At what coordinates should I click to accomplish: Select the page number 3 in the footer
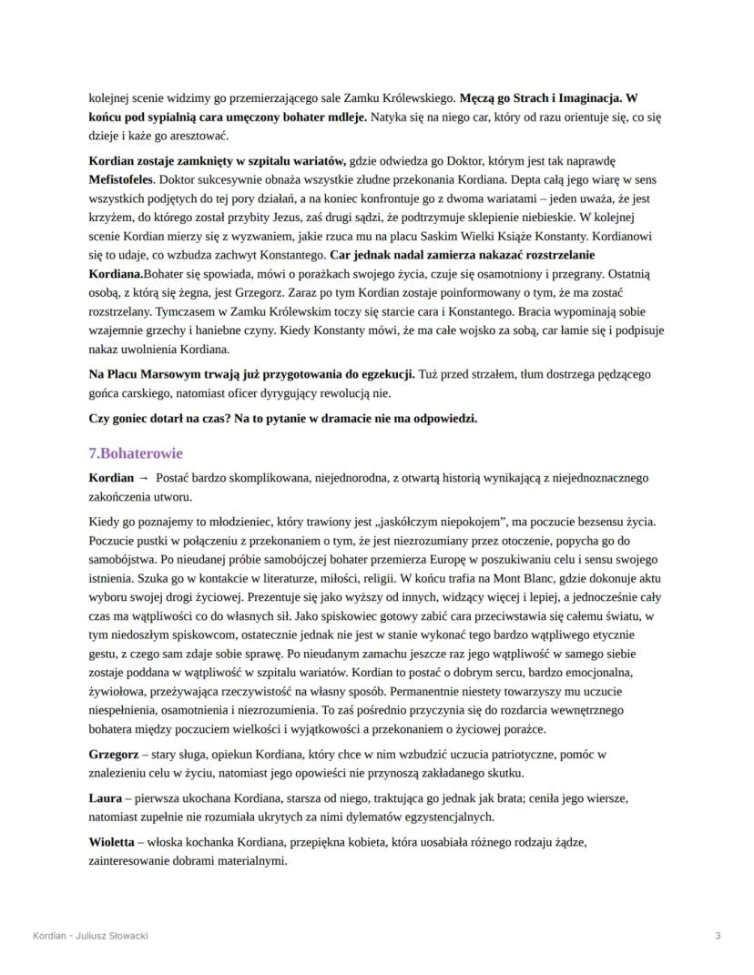[718, 935]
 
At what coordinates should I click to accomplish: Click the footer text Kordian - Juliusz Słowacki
[90, 935]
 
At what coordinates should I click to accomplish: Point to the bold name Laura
[106, 798]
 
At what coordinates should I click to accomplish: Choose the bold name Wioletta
[113, 842]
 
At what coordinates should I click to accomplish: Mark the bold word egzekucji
[383, 374]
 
